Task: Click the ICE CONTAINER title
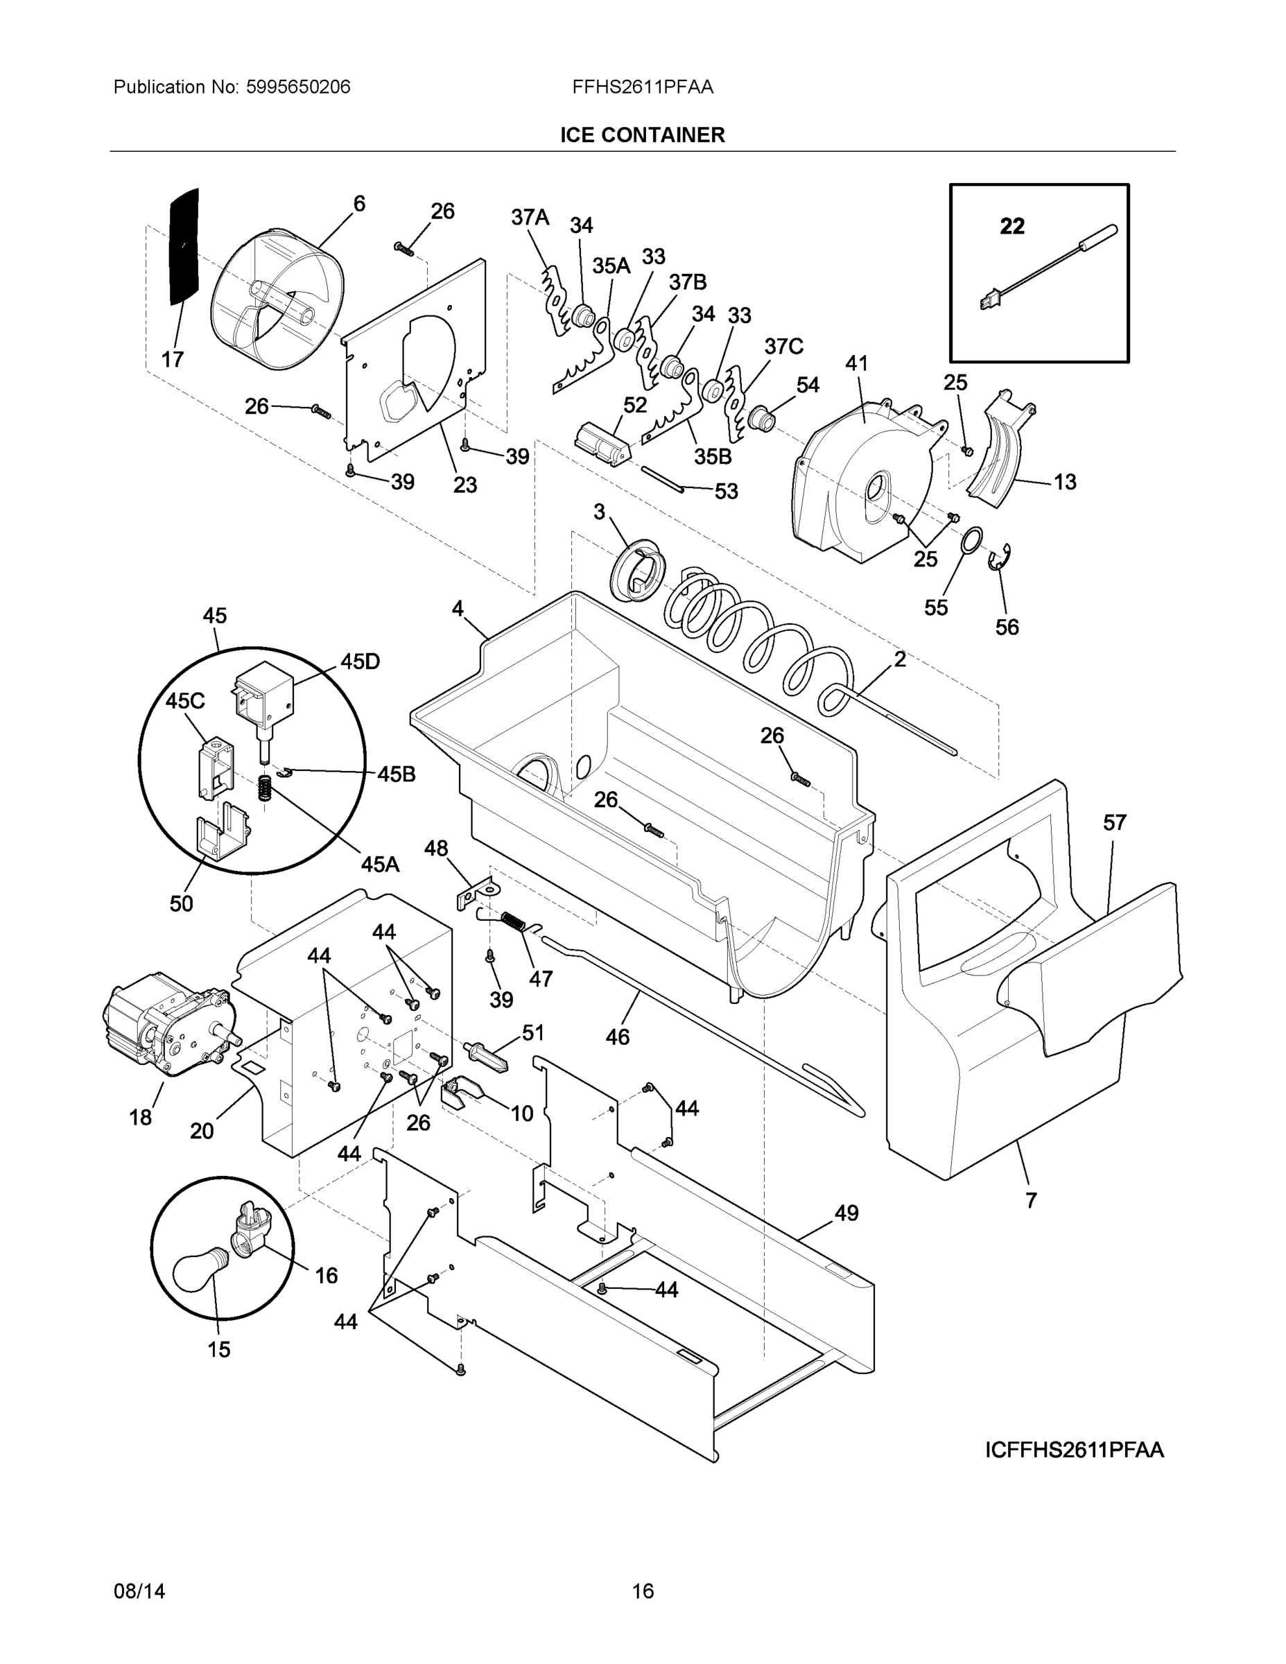[x=642, y=135]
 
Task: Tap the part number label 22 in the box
[x=1011, y=226]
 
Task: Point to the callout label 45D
[x=360, y=661]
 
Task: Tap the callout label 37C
[x=783, y=347]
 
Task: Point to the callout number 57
[x=1115, y=822]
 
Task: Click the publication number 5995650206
[x=298, y=87]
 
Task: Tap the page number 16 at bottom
[x=642, y=1591]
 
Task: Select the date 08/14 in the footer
[x=139, y=1591]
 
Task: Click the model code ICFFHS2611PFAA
[x=1074, y=1450]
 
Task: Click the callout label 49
[x=846, y=1212]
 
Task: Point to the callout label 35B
[x=713, y=456]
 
